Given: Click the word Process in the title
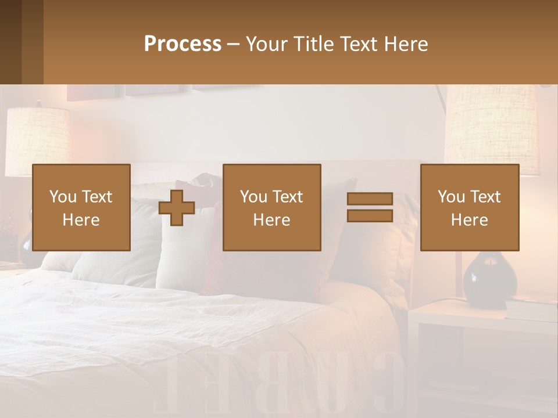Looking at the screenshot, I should (x=183, y=44).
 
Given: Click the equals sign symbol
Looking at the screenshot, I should (x=370, y=207).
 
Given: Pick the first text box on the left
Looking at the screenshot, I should (x=81, y=207).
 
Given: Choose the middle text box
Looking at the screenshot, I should (x=271, y=207).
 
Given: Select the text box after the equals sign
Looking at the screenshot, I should (x=469, y=207).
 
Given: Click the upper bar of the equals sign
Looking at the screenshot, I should (x=370, y=199).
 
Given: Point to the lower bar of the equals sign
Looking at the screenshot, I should (x=370, y=215).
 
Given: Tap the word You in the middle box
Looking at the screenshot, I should (x=253, y=197).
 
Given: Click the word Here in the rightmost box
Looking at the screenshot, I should (x=469, y=220).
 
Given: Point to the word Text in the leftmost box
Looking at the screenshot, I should (x=96, y=197).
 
